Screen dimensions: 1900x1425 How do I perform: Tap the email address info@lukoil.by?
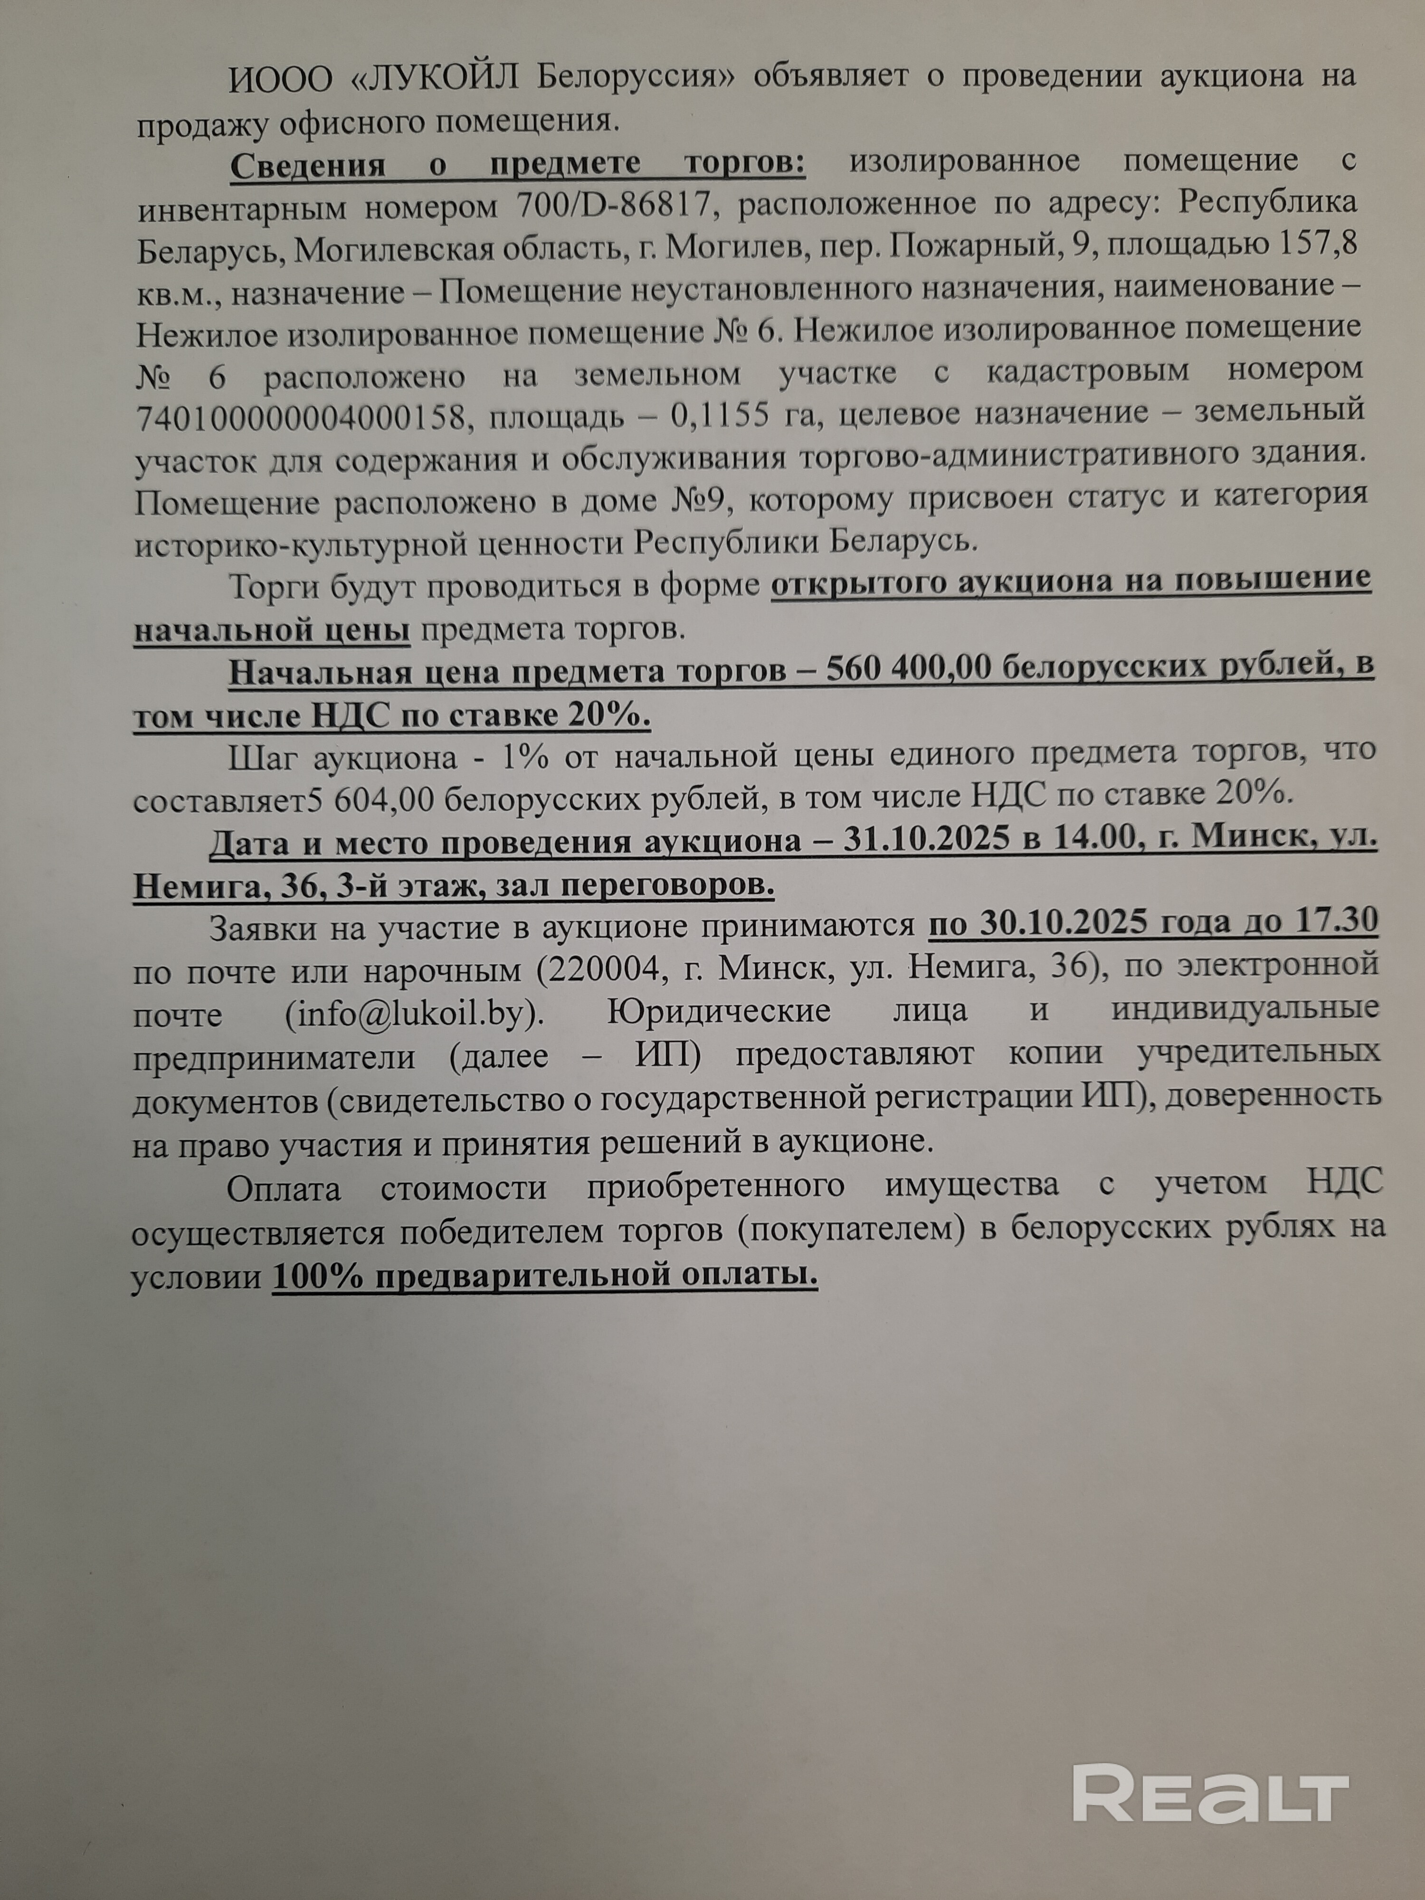[x=415, y=1014]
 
